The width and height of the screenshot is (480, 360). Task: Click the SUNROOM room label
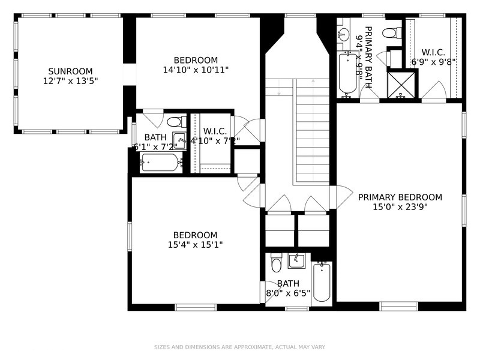coord(70,70)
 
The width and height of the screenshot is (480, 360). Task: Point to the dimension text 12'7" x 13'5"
coord(70,80)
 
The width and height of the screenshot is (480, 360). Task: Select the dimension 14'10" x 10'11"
coord(196,70)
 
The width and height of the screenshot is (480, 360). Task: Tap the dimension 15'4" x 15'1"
coord(196,244)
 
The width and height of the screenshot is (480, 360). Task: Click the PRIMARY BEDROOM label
coord(400,197)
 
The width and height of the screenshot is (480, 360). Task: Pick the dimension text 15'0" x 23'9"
coord(400,207)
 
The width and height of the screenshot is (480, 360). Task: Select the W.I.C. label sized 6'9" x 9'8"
coord(433,52)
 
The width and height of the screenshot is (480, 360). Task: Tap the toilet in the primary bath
coord(391,32)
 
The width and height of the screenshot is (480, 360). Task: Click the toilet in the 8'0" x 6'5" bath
coord(276,263)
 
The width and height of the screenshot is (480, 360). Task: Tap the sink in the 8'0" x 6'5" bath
coord(296,261)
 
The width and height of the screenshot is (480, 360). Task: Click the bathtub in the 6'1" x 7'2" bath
coord(160,163)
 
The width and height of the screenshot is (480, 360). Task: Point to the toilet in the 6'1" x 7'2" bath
coord(175,122)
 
